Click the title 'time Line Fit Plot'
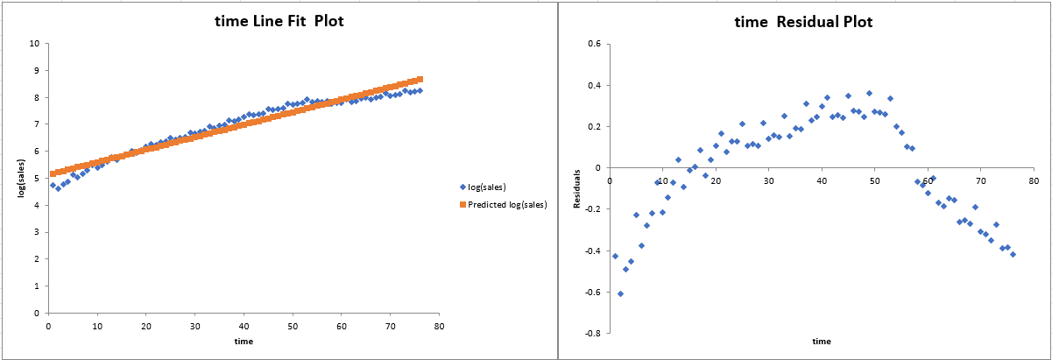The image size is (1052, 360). point(279,21)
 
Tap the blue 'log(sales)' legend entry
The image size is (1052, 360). point(484,187)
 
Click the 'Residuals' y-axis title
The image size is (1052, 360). point(577,188)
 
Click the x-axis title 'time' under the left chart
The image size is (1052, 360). point(244,341)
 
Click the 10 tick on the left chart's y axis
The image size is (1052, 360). point(34,43)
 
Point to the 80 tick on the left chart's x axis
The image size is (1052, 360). point(439,325)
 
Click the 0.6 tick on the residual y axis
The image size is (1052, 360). point(593,43)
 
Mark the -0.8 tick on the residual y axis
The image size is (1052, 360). point(591,334)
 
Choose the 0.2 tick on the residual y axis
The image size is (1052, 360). point(593,126)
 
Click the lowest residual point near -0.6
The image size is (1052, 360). point(620,293)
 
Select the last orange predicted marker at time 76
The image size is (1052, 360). point(420,79)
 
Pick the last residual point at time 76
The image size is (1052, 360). point(1013,254)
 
